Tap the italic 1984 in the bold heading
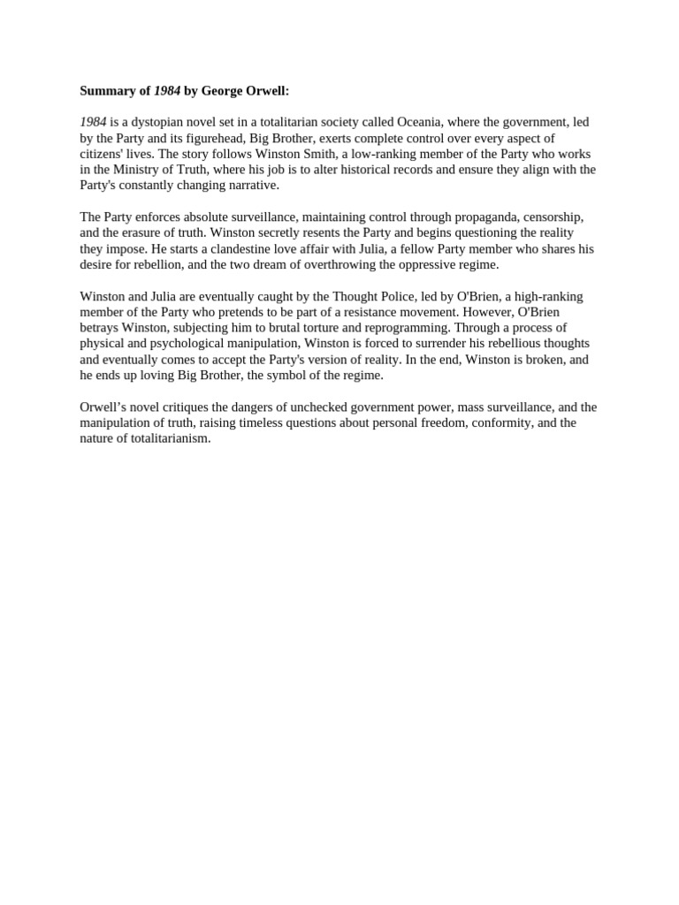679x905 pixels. click(x=167, y=90)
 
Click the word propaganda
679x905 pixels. click(x=481, y=217)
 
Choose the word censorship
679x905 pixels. click(x=552, y=217)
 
